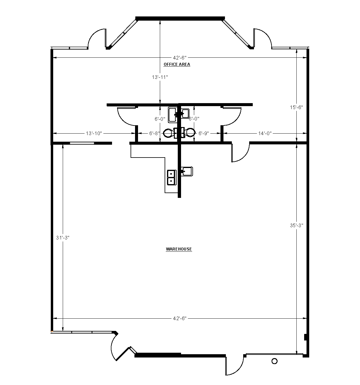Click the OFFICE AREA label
[x=177, y=64]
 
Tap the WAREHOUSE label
[x=179, y=249]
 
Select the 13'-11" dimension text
[x=160, y=77]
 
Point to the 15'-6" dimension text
[x=296, y=107]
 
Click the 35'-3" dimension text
[x=296, y=226]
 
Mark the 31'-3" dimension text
[x=63, y=238]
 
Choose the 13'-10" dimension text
[x=94, y=133]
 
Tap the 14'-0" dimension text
[x=264, y=133]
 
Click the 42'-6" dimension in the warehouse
[x=180, y=318]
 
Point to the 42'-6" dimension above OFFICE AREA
[x=180, y=58]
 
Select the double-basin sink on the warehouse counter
[x=171, y=178]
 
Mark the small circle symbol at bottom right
[x=274, y=361]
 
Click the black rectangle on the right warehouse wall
[x=306, y=337]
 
